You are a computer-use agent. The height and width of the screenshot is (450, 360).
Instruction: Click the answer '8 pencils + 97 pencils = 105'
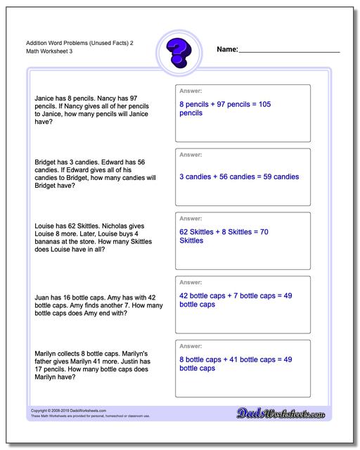225,103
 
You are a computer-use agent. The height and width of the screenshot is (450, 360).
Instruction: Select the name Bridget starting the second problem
46,162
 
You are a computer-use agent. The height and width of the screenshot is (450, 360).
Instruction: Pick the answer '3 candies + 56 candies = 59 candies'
239,176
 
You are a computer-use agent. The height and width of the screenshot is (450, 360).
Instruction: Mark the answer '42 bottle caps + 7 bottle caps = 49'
236,295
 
